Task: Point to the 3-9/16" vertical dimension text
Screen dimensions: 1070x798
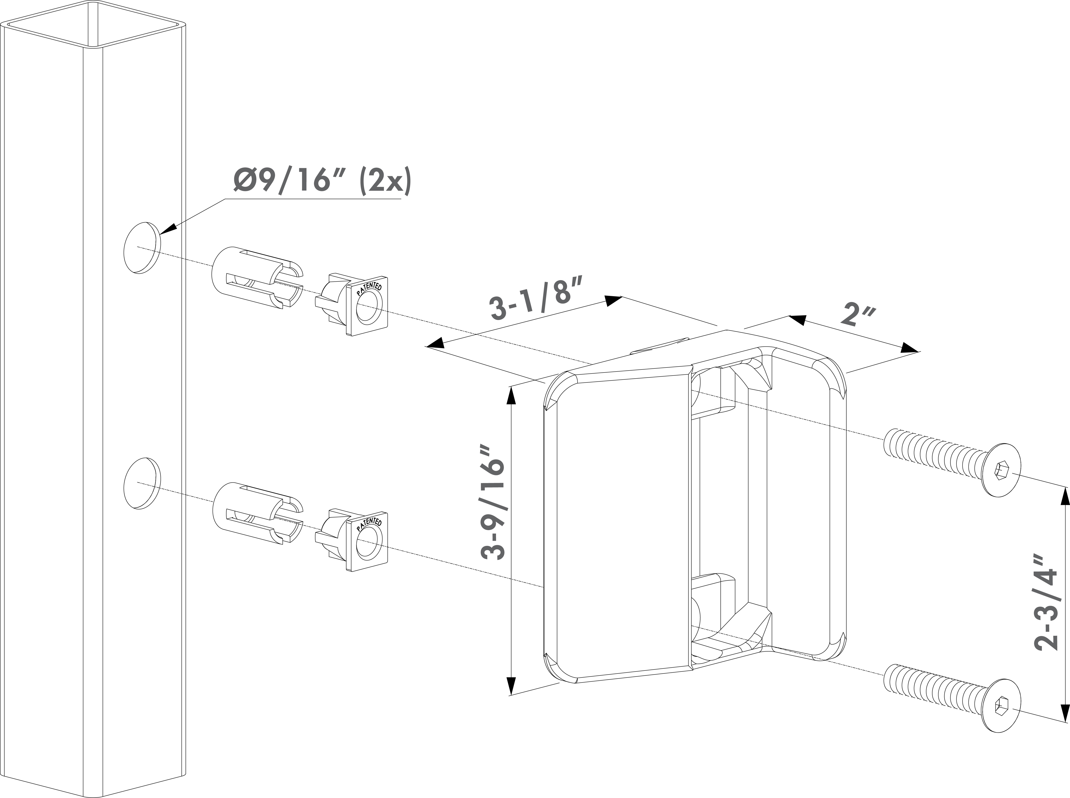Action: click(x=493, y=508)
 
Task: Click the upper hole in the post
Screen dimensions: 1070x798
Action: click(x=142, y=248)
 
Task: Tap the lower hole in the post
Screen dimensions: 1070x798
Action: click(x=142, y=483)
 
